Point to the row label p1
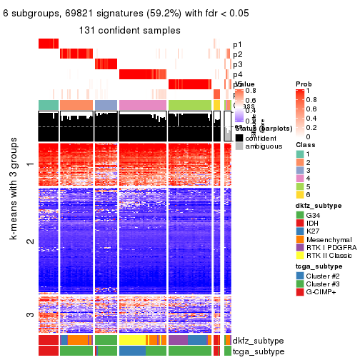pyautogui.click(x=237, y=44)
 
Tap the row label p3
pyautogui.click(x=237, y=64)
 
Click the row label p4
pyautogui.click(x=237, y=74)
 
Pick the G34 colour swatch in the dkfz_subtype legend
pyautogui.click(x=300, y=216)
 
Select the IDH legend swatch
pyautogui.click(x=300, y=225)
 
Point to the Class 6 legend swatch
pyautogui.click(x=300, y=194)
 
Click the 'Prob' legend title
pyautogui.click(x=304, y=84)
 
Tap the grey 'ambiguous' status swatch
pyautogui.click(x=240, y=146)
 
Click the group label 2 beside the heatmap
pyautogui.click(x=30, y=242)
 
